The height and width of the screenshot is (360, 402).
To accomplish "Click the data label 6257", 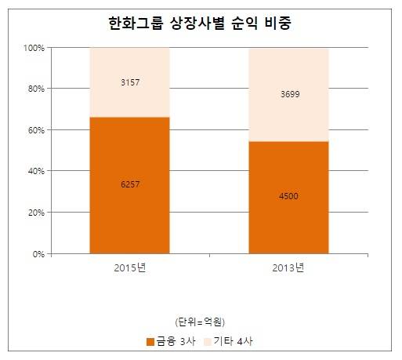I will (130, 184).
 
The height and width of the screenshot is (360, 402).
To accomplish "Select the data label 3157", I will (130, 82).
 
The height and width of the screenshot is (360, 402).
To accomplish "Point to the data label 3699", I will (288, 94).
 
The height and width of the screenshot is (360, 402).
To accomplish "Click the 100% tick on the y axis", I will (34, 48).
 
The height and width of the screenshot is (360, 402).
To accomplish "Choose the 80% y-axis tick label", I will (36, 89).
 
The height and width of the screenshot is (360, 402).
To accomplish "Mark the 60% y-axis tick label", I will (36, 130).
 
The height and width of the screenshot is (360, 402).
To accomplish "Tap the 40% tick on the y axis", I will (36, 171).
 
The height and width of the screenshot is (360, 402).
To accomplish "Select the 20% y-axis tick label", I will (36, 213).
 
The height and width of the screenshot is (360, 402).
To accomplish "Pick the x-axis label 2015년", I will (130, 268).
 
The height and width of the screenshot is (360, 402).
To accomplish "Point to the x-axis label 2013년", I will (288, 268).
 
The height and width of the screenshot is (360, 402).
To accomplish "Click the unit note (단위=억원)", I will (200, 321).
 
